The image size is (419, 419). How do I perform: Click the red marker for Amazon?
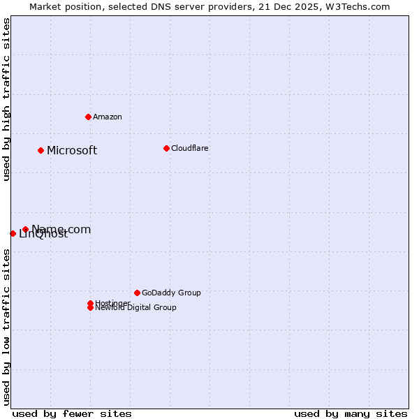coord(88,117)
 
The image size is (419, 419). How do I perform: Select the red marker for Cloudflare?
coord(166,148)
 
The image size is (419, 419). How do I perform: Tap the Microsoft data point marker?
coord(41,150)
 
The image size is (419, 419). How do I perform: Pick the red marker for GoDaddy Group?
coord(137,293)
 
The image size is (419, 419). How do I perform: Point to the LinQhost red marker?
coord(13,233)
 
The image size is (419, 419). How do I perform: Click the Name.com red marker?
coord(25,229)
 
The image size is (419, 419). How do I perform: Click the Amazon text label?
coord(108,117)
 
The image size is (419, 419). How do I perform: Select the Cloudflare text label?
coord(190,148)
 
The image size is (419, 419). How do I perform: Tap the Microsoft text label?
coord(72,150)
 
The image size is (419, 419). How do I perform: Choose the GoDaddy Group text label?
coord(171,293)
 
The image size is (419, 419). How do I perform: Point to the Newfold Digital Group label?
coord(136,308)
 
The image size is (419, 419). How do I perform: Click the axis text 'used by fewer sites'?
coord(72,413)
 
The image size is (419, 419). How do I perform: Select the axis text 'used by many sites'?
coord(351,413)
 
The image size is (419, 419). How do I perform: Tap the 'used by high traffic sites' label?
coord(7,99)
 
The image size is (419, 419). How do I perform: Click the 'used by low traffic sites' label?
coord(7,327)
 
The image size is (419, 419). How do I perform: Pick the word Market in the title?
coord(45,6)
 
